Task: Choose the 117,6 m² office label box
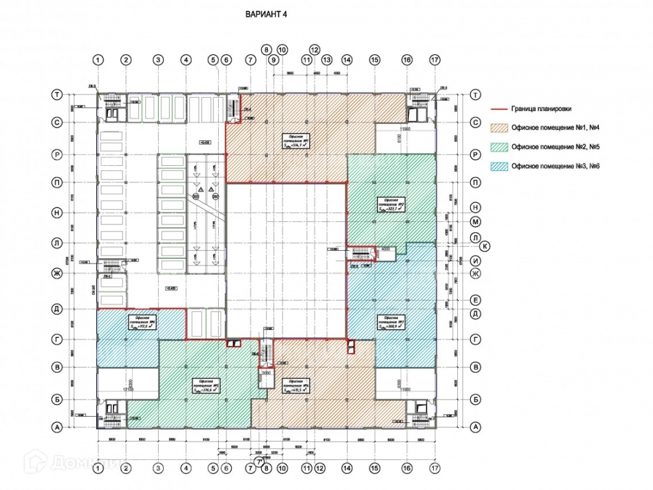[142, 322]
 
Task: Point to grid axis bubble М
[474, 222]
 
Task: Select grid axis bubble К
[485, 246]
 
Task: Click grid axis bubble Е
[474, 299]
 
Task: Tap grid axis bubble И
[474, 261]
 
